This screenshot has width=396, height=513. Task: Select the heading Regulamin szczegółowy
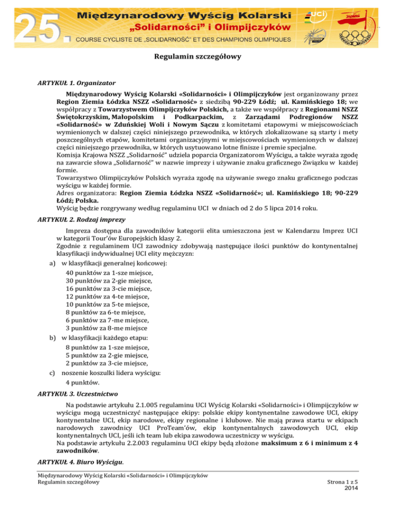click(x=198, y=59)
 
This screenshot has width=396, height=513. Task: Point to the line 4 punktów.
click(x=82, y=383)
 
